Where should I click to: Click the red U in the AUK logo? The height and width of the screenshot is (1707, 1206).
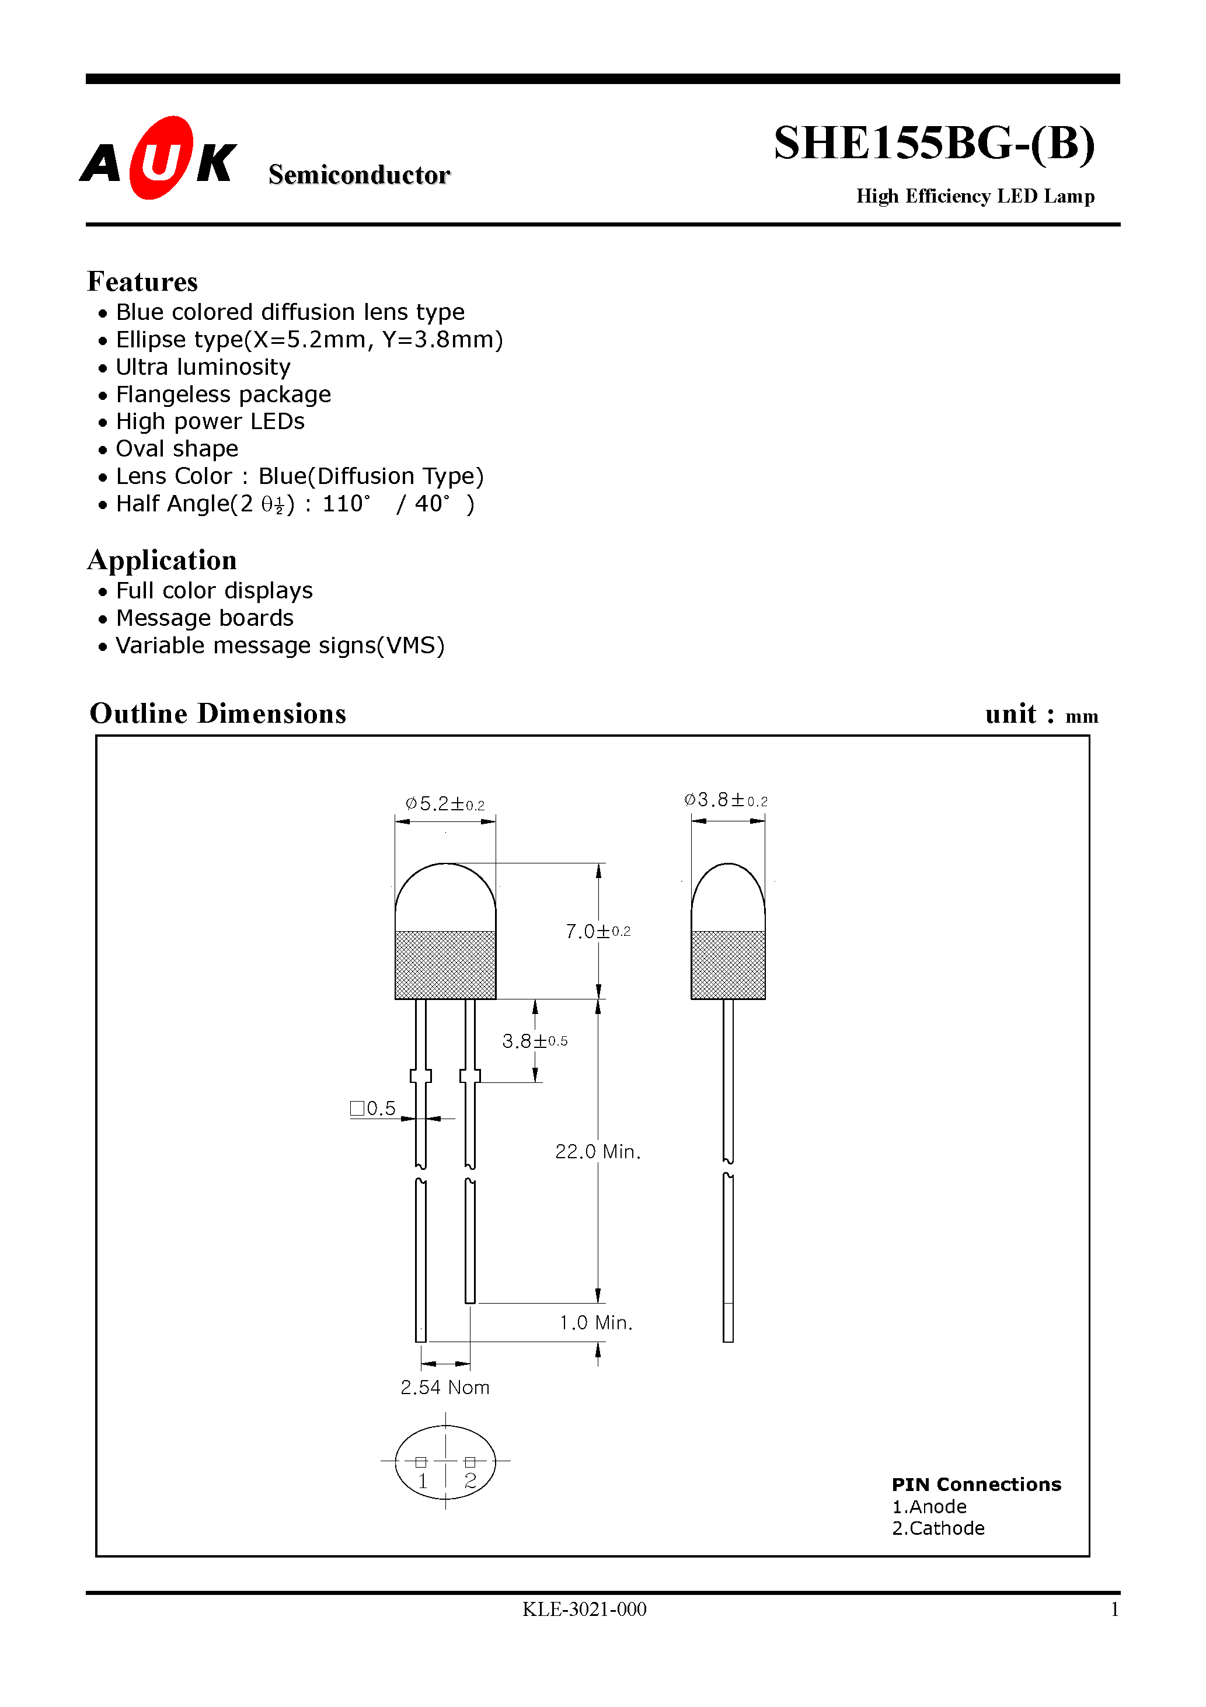[x=161, y=158]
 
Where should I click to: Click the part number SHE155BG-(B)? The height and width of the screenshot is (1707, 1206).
[x=934, y=143]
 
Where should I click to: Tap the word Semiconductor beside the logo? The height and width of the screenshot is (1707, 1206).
[x=359, y=175]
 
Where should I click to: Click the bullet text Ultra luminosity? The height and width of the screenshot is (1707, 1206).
[x=203, y=367]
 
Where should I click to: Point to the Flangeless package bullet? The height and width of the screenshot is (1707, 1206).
[x=223, y=394]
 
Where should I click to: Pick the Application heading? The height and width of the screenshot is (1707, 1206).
[x=162, y=560]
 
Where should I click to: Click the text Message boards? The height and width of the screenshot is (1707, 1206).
[x=204, y=618]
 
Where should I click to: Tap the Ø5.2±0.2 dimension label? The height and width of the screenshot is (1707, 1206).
[x=445, y=804]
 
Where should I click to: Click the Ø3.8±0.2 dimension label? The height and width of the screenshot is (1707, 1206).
[x=726, y=800]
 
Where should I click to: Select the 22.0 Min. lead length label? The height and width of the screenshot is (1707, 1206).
[x=598, y=1152]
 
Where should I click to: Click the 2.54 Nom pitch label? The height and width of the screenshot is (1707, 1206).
[x=445, y=1387]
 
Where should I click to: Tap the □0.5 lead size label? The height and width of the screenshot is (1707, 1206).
[x=373, y=1109]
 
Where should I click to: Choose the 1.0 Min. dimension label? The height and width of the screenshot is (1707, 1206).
[x=595, y=1323]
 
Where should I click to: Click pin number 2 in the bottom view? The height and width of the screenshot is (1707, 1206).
[x=470, y=1480]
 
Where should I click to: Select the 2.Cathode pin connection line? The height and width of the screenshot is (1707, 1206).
[x=938, y=1528]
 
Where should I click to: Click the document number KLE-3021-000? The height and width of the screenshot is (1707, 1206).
[x=584, y=1609]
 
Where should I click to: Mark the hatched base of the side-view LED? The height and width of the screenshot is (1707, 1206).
[x=728, y=964]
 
